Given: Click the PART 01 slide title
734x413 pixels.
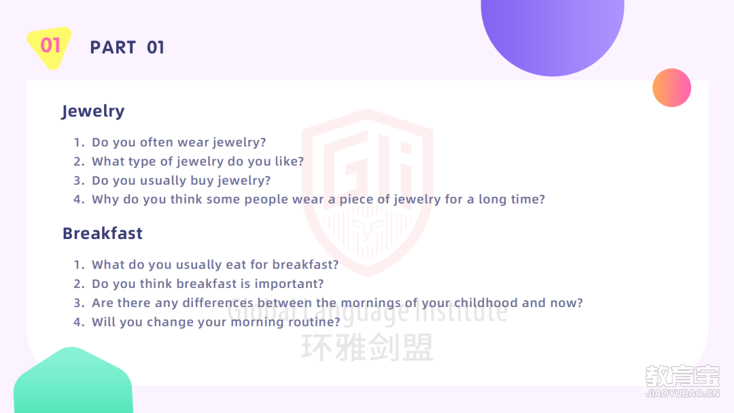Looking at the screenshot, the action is tap(127, 48).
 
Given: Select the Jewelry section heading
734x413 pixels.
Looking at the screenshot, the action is tap(93, 111).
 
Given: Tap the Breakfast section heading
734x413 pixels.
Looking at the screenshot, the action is tap(103, 233).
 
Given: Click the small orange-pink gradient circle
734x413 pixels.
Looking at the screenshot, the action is tap(671, 88).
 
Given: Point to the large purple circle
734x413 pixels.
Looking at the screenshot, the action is tap(553, 33).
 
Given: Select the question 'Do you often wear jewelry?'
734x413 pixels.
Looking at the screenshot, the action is tap(179, 142).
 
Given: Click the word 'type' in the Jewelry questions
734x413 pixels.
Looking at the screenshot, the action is tap(141, 162).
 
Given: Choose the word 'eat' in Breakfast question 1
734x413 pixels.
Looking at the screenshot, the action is tap(236, 265).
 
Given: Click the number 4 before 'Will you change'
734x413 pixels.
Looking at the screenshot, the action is tap(77, 322).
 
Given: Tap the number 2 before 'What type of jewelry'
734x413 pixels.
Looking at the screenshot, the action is tap(77, 162).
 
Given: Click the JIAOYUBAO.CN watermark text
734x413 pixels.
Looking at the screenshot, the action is tap(682, 393).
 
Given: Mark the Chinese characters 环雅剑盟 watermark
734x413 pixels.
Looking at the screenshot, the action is tap(368, 348).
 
